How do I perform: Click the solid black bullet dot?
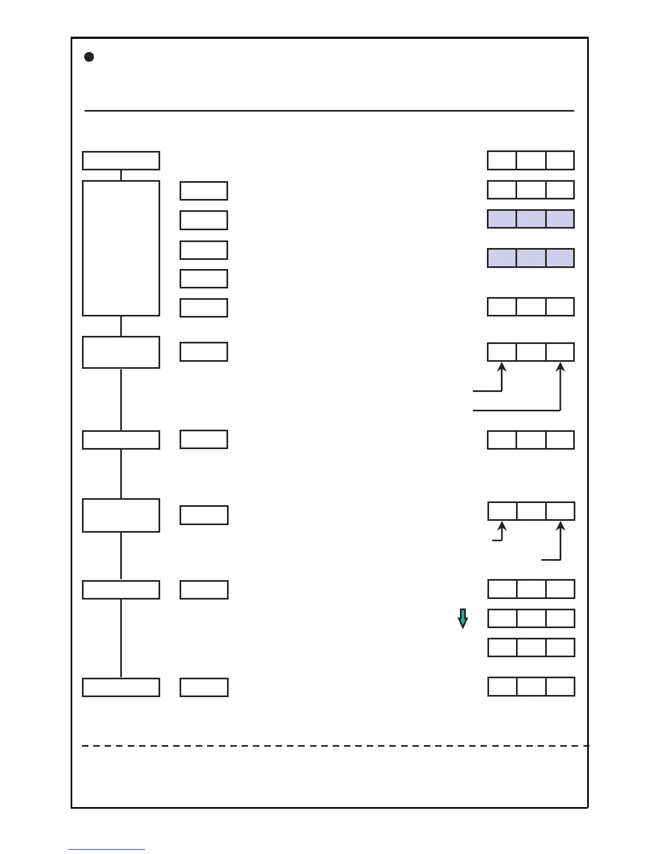90,57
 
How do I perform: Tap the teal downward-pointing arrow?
463,618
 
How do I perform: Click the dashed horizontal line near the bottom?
334,746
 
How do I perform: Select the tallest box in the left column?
121,248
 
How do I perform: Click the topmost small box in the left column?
121,161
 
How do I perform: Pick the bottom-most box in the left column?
121,687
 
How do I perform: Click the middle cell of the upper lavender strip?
531,219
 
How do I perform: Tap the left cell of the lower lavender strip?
502,258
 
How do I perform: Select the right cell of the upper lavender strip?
560,219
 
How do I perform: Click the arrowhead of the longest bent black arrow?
561,368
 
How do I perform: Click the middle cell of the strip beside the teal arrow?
531,618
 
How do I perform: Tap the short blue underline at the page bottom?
106,850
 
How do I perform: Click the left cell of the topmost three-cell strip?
502,161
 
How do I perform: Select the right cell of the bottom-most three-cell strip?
560,686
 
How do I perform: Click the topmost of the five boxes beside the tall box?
204,191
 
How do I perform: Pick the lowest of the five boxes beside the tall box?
204,308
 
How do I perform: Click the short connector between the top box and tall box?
121,175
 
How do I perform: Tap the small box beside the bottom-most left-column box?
204,687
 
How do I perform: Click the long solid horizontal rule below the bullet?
329,111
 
